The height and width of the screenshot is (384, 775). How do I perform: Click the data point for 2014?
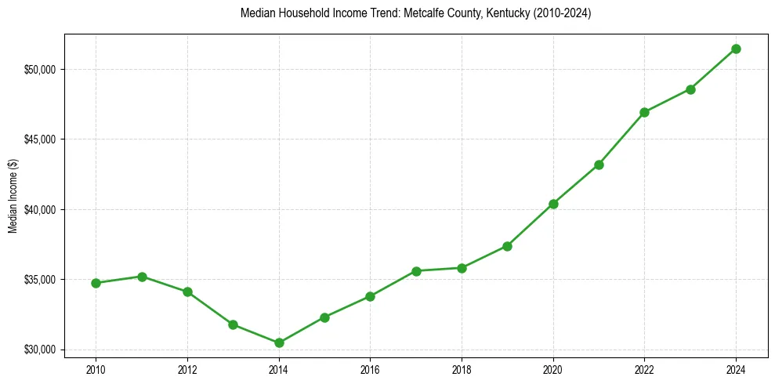[279, 342]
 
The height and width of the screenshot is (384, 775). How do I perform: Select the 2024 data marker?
[737, 49]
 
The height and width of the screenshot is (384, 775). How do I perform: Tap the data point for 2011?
[142, 277]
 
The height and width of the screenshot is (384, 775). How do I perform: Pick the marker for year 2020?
[553, 204]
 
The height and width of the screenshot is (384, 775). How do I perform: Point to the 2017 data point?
[416, 271]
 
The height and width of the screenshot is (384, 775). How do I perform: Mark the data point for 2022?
[645, 112]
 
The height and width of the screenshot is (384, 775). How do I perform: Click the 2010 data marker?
[96, 283]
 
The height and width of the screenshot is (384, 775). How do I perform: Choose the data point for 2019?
[508, 246]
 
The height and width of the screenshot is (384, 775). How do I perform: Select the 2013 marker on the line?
[234, 324]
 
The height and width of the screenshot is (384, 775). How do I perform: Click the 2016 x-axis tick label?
[371, 369]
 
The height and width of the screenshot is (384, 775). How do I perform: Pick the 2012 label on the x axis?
[187, 369]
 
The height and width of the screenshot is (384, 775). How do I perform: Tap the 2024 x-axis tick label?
[737, 369]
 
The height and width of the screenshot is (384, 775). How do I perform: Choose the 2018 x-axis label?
[462, 369]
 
